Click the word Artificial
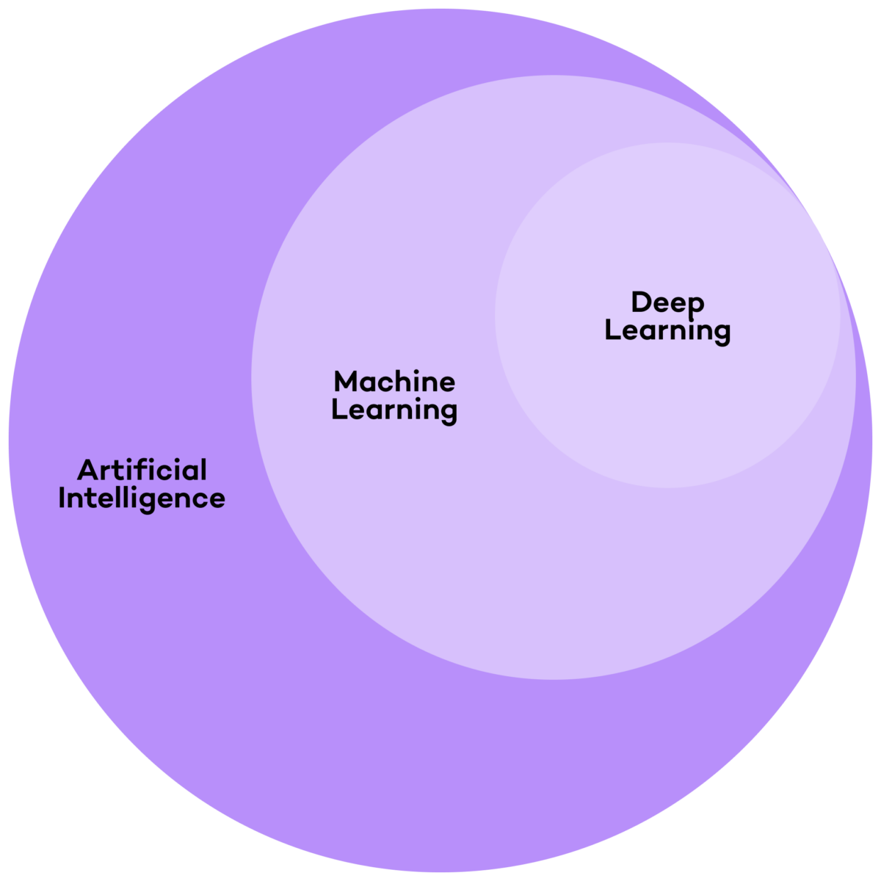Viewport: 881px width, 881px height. point(142,470)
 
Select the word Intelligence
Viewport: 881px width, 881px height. point(142,498)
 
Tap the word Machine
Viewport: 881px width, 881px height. point(394,382)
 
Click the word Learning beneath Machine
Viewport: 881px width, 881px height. point(394,410)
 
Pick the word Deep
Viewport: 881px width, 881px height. point(667,302)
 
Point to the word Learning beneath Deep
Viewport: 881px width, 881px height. point(667,330)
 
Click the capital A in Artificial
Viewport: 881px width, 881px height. point(87,470)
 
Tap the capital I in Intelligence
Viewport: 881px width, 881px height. point(62,498)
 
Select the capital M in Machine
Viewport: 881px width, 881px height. point(346,382)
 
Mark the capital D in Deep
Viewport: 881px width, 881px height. point(641,302)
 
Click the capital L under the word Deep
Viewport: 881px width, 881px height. point(612,330)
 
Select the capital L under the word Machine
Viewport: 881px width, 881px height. point(338,410)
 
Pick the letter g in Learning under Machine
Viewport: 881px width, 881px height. point(448,413)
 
